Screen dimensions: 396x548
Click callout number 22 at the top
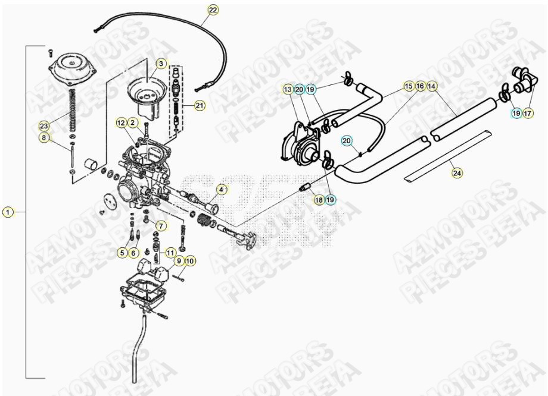click(x=213, y=10)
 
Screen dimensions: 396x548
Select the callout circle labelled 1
click(x=7, y=212)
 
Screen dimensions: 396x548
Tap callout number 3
click(x=161, y=63)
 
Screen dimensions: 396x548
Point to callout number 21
click(x=199, y=106)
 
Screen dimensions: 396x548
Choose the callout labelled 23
click(x=43, y=126)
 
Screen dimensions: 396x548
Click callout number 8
click(x=43, y=138)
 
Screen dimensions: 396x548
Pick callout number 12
click(x=121, y=123)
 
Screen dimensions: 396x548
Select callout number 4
click(x=220, y=190)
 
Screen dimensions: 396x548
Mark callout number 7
click(x=160, y=226)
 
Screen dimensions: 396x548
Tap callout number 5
click(x=122, y=253)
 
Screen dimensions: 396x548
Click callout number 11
click(x=171, y=253)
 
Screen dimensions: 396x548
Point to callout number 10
click(x=190, y=260)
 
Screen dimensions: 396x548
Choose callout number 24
click(x=457, y=173)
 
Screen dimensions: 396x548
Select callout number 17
click(x=528, y=113)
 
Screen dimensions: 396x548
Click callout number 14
click(x=432, y=86)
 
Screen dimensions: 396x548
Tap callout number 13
click(x=288, y=89)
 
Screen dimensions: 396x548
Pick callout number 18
click(x=319, y=200)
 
